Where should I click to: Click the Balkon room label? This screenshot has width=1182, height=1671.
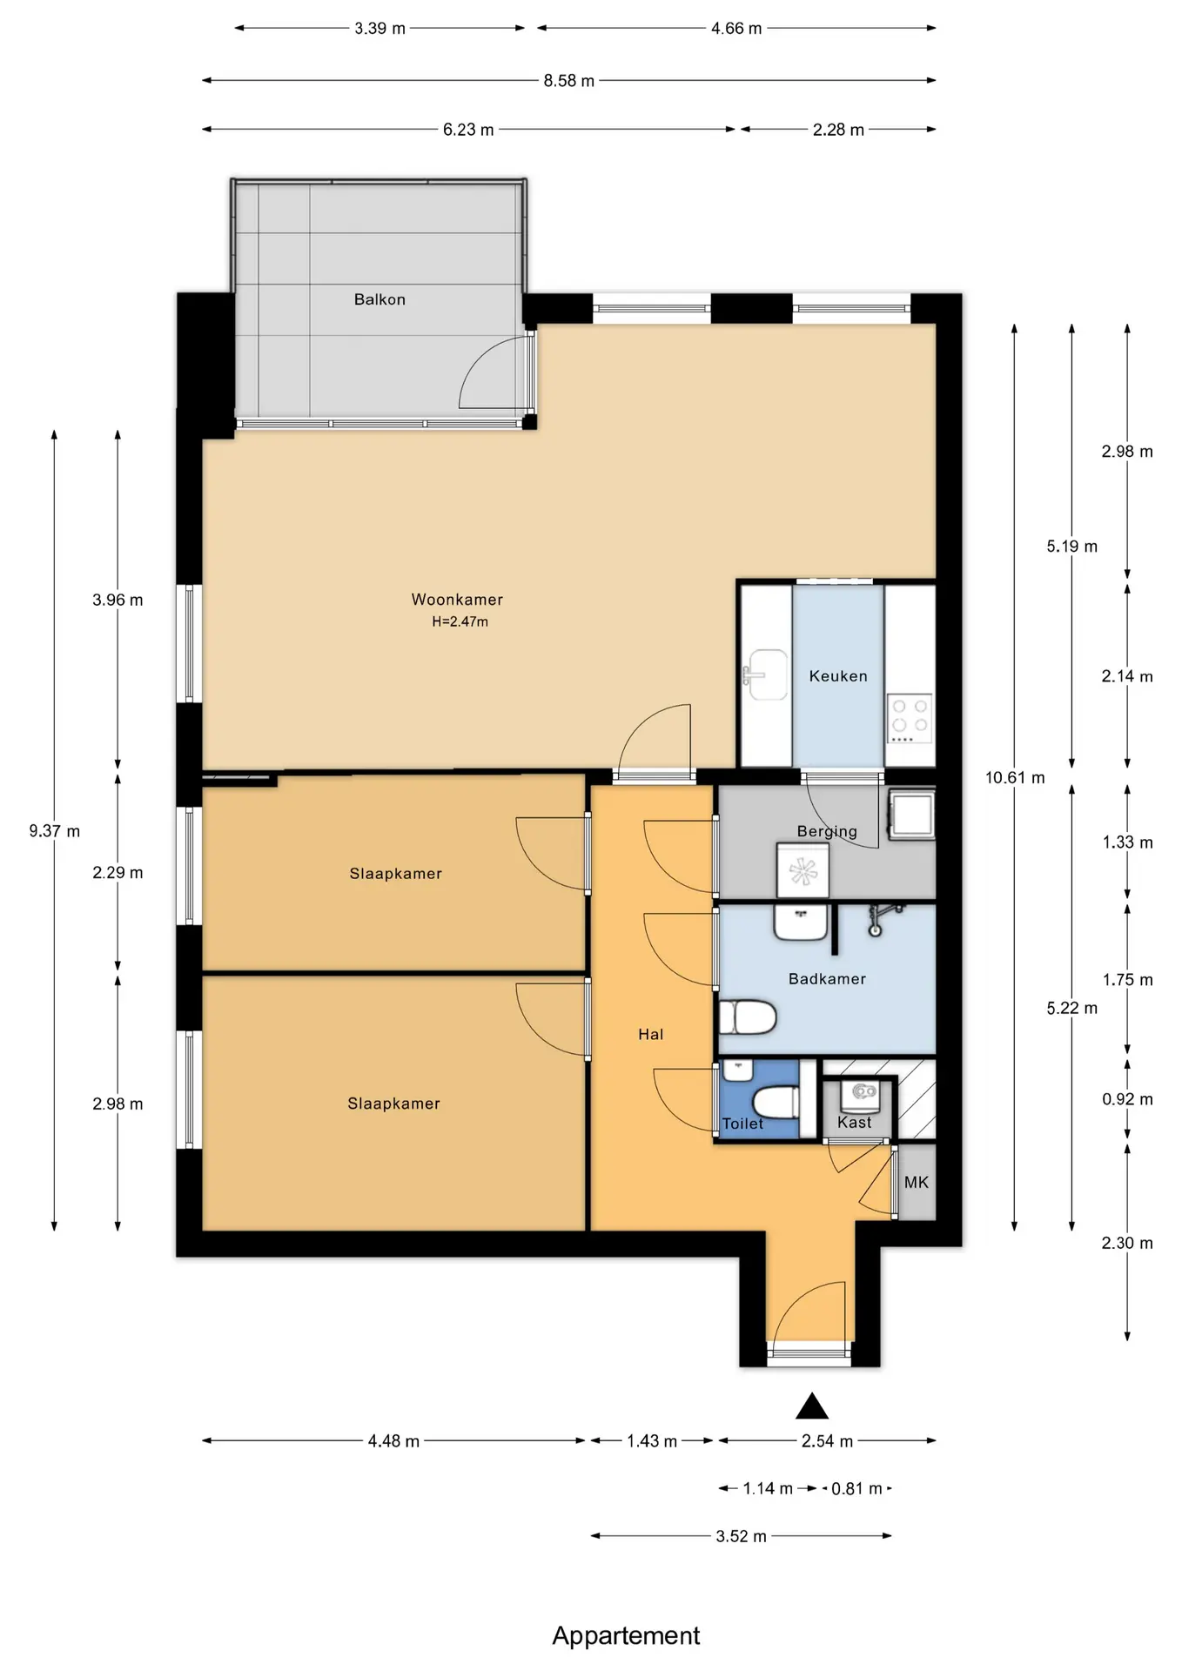[379, 299]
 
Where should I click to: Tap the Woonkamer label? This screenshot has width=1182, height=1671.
[457, 600]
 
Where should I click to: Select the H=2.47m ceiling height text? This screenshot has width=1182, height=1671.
[460, 621]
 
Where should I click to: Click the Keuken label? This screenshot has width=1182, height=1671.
[838, 676]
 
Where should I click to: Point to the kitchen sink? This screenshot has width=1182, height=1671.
[766, 674]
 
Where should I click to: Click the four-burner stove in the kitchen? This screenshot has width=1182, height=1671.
[910, 718]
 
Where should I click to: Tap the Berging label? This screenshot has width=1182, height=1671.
[827, 831]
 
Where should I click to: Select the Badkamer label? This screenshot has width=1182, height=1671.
[827, 979]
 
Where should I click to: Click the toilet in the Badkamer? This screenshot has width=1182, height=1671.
[748, 1017]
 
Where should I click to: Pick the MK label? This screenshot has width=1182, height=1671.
[917, 1182]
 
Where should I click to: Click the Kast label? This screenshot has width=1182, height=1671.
[854, 1123]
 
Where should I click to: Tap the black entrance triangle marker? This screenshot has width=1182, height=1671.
[811, 1406]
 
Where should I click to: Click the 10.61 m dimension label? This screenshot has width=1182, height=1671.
[1015, 778]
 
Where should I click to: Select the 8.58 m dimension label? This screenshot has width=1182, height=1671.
[569, 81]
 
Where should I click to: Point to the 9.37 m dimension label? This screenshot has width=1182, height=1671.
[54, 831]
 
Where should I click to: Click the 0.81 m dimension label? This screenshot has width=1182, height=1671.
[856, 1489]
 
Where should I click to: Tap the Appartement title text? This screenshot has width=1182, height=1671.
[626, 1636]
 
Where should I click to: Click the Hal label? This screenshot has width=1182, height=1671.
[650, 1035]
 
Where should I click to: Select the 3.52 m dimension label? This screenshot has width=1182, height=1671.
[742, 1537]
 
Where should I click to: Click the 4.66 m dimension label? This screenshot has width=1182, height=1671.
[736, 29]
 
